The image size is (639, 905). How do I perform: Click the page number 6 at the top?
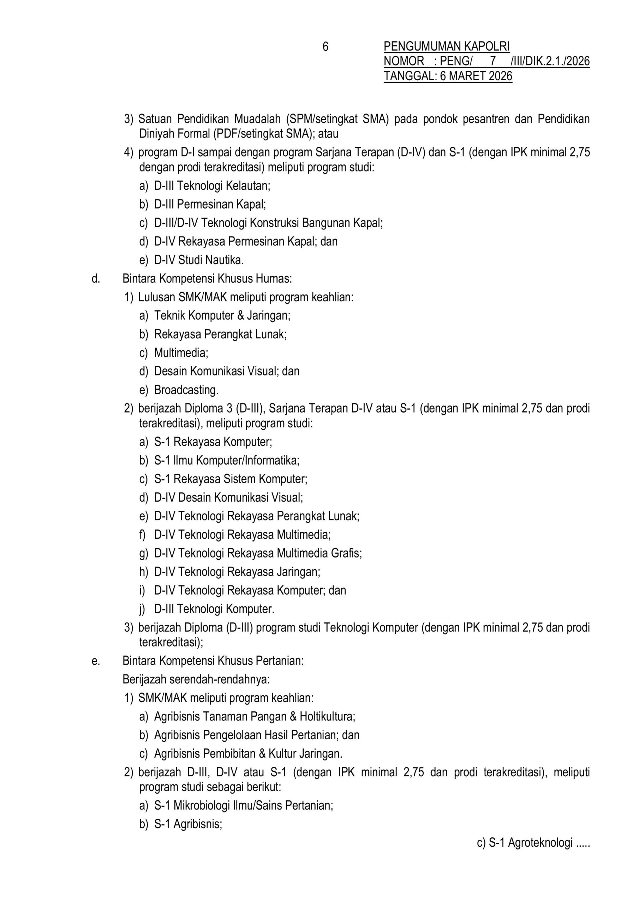point(325,47)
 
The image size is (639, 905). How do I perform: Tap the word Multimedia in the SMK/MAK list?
point(181,353)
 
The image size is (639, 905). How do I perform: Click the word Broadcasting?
point(186,390)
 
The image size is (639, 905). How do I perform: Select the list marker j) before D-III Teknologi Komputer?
point(142,609)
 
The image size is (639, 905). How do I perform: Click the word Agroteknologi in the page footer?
point(540,843)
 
